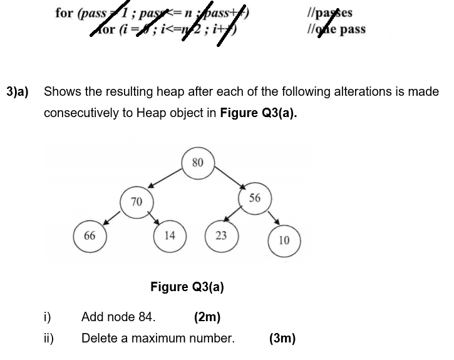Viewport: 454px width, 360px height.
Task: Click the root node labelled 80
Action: [x=198, y=162]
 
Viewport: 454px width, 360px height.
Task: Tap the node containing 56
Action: [x=254, y=198]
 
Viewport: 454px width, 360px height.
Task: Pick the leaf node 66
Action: [x=90, y=235]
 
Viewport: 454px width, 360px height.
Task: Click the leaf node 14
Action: [x=170, y=235]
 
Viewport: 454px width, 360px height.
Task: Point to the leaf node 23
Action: [x=220, y=235]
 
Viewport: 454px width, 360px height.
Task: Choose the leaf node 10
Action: [x=284, y=240]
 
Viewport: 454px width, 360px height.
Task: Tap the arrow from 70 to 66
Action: [x=112, y=217]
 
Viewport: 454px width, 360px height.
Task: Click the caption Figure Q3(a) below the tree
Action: [x=187, y=287]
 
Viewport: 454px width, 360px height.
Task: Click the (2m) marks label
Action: [x=207, y=317]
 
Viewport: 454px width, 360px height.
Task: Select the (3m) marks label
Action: [x=282, y=339]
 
